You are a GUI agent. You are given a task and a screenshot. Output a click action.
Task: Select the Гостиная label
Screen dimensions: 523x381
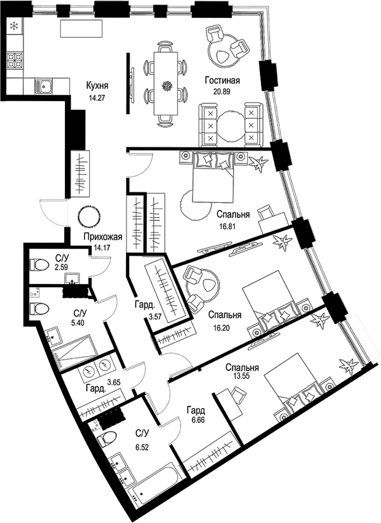[223, 81]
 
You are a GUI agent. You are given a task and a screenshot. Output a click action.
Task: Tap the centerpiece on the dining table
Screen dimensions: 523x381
[167, 86]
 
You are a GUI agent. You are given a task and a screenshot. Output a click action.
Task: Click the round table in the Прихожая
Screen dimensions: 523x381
[89, 216]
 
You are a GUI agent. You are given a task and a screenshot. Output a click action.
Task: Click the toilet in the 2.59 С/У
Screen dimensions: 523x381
[39, 264]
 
